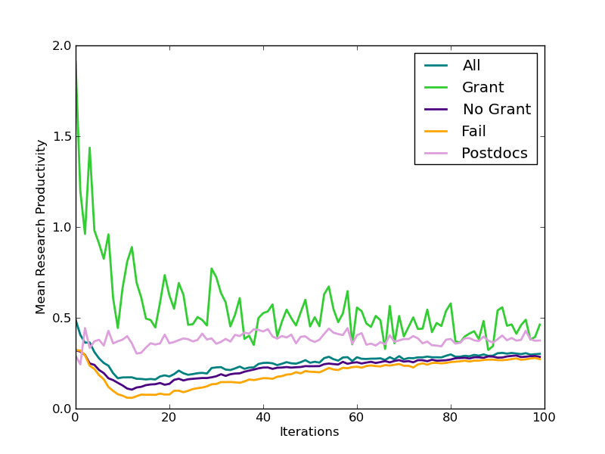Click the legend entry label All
coord(472,66)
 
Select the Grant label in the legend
coord(482,88)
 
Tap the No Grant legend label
coord(496,110)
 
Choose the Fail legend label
coord(473,132)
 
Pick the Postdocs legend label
coord(495,154)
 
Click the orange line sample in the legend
coord(435,131)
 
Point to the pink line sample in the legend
coord(435,153)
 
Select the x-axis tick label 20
coord(169,418)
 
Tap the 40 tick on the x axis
coord(262,418)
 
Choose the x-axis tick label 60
coord(356,418)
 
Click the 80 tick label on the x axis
coord(450,418)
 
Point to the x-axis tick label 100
coord(544,418)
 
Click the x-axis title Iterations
coord(309,433)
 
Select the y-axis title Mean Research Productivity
coord(42,227)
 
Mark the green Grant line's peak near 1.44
coord(89,148)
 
